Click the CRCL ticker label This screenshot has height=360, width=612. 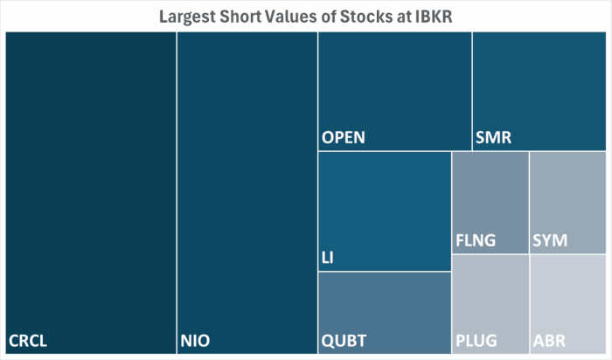pyautogui.click(x=27, y=339)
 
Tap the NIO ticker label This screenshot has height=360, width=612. pyautogui.click(x=195, y=339)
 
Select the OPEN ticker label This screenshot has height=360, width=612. pyautogui.click(x=343, y=137)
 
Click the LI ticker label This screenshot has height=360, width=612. pyautogui.click(x=328, y=258)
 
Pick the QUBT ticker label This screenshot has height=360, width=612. pyautogui.click(x=344, y=339)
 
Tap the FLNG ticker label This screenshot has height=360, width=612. pyautogui.click(x=476, y=239)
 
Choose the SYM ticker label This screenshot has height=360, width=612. pyautogui.click(x=550, y=239)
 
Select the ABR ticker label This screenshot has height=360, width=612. pyautogui.click(x=548, y=339)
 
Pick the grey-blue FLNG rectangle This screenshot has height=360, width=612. pyautogui.click(x=490, y=197)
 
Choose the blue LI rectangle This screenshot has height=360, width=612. pyautogui.click(x=384, y=205)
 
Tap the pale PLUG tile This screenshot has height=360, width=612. pyautogui.click(x=490, y=297)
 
